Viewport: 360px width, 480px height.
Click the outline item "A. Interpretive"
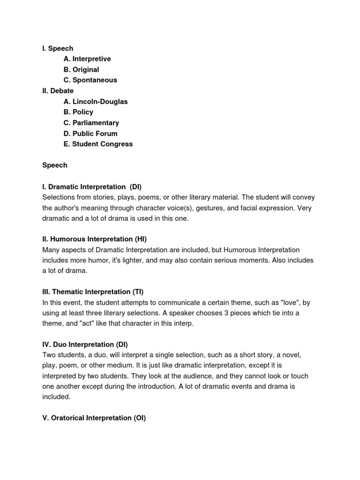coord(87,59)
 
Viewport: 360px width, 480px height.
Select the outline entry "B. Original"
coord(81,70)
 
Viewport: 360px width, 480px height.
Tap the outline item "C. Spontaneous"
coord(90,80)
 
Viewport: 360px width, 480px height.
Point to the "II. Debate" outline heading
coord(58,91)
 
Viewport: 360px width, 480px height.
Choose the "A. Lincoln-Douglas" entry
coord(96,102)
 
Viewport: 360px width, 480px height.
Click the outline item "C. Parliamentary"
coord(91,123)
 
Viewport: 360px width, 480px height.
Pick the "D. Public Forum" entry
coord(90,134)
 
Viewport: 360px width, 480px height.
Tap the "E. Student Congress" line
coord(98,144)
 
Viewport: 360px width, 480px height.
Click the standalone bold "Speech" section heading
coord(55,165)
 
